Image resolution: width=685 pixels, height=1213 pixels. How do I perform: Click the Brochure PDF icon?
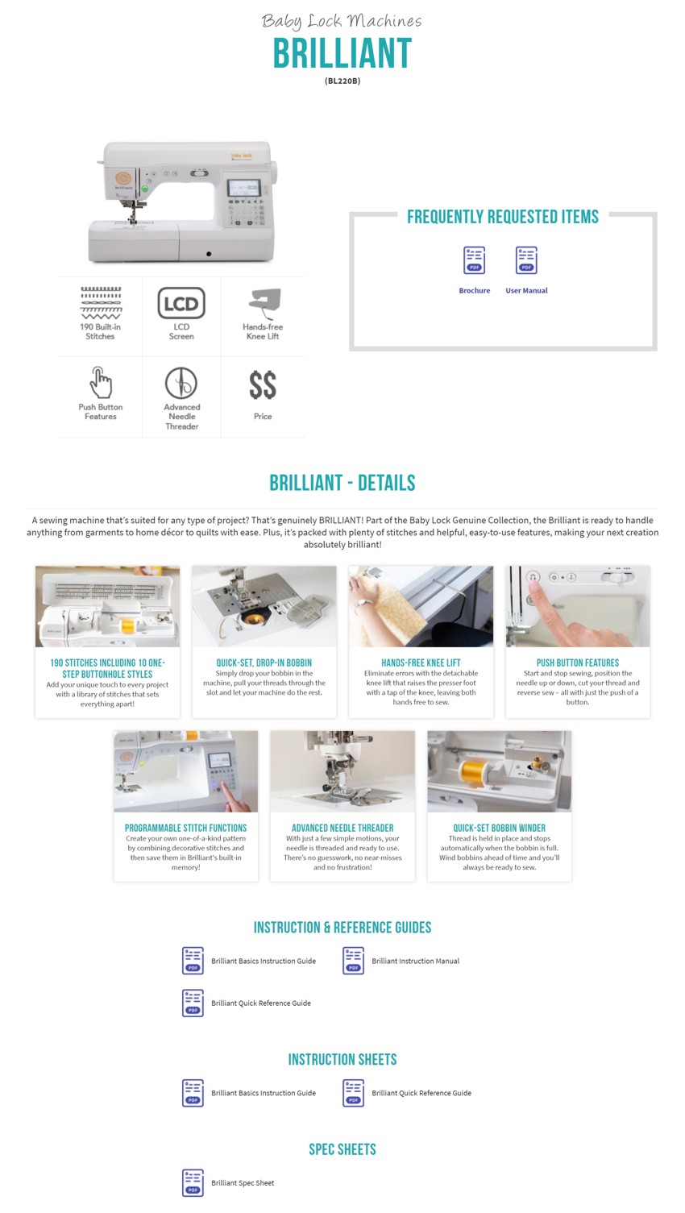coord(474,260)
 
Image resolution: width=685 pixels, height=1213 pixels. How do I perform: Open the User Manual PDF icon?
coord(525,260)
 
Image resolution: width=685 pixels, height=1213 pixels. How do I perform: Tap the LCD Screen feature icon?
coord(181,303)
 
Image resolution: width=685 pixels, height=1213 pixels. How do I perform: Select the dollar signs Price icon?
coord(263,385)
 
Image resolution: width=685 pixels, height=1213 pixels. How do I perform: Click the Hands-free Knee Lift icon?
coord(264,303)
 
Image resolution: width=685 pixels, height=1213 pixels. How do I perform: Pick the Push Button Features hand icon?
coord(101,382)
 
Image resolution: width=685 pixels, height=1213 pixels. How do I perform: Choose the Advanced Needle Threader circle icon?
coord(181,383)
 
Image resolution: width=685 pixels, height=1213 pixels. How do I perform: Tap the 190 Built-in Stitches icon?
coord(101,303)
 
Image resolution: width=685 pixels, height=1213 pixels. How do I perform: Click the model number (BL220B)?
coord(342,81)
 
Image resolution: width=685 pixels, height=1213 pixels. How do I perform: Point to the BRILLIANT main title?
coord(342,53)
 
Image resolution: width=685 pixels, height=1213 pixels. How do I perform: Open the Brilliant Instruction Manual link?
coord(415,961)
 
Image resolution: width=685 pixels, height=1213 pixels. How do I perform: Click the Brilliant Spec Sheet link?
coord(243,1182)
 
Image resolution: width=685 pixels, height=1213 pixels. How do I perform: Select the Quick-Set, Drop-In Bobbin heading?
coord(264,663)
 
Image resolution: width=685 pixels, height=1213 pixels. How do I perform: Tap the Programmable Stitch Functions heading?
coord(185,828)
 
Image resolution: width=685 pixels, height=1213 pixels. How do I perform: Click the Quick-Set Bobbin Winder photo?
coord(500,771)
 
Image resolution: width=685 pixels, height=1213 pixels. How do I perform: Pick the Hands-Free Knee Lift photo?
coord(421,606)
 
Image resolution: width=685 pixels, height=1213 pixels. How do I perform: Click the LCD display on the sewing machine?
coord(243,188)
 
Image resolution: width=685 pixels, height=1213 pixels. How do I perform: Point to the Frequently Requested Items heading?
coord(503,217)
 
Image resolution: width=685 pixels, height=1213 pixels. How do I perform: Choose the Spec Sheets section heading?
coord(342,1149)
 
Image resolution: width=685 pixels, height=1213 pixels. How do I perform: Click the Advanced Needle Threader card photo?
coord(342,771)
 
